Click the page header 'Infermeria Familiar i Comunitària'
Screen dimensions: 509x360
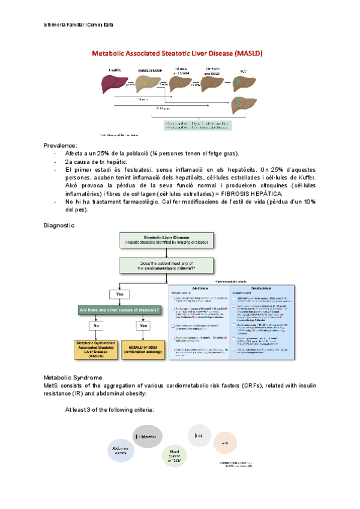79,25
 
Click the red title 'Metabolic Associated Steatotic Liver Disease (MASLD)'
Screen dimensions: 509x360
177,53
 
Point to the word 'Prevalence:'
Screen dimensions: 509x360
60,146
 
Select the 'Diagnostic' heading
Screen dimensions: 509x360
59,225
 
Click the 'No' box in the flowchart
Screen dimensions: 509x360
94,327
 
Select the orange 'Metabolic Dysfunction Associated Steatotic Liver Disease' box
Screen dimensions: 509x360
95,350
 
